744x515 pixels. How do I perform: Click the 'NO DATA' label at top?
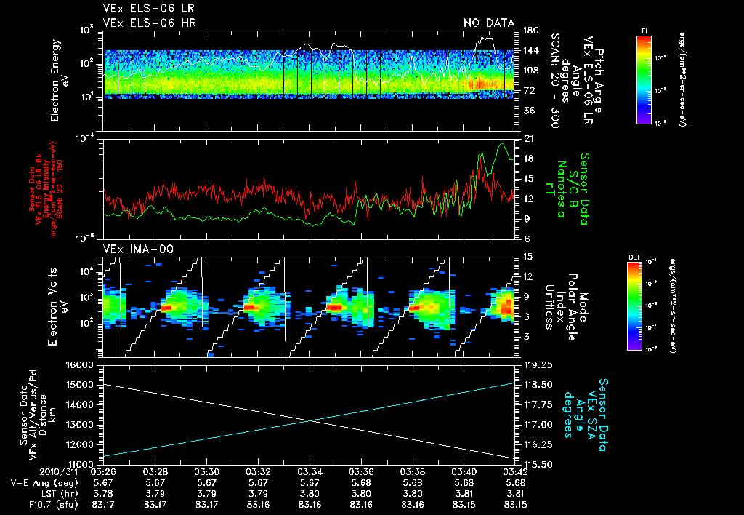point(489,23)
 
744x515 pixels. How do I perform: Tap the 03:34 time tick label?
point(310,471)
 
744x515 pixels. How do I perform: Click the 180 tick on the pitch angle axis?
point(530,31)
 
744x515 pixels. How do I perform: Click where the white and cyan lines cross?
point(311,420)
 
